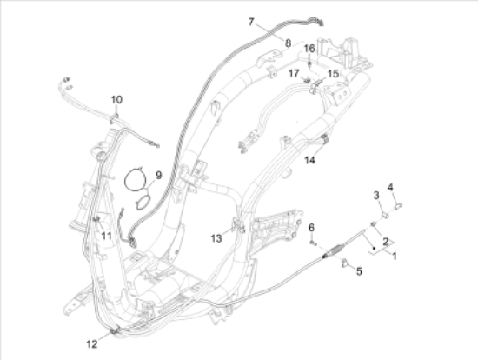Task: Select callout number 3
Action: point(376,194)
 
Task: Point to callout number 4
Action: point(390,188)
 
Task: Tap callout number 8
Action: point(288,42)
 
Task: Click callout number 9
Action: point(158,176)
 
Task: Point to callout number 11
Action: point(105,235)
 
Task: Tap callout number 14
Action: point(309,160)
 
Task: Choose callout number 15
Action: point(333,74)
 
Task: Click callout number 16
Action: point(309,48)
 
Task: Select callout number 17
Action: point(295,72)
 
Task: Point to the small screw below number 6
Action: point(310,244)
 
